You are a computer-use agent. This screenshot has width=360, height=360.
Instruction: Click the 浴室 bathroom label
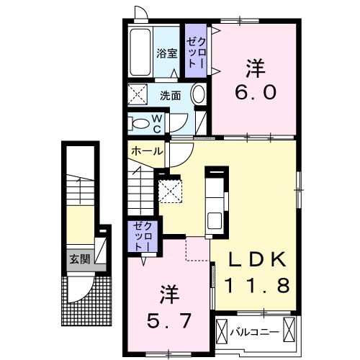click(x=166, y=53)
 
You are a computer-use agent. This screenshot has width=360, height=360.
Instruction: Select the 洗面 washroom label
click(x=171, y=95)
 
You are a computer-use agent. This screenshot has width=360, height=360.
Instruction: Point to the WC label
click(x=156, y=124)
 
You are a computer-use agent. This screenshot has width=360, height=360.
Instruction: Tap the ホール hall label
click(x=147, y=152)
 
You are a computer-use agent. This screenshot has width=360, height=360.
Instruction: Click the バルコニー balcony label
click(x=253, y=332)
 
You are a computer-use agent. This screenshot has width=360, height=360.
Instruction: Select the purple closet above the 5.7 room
click(x=140, y=236)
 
